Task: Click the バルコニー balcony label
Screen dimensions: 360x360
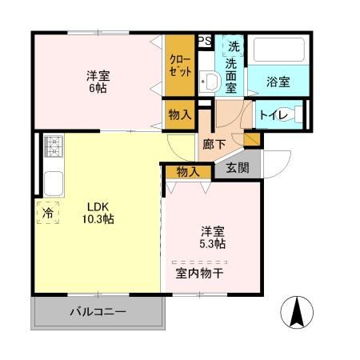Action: tap(97, 311)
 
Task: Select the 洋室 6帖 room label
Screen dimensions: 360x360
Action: tap(98, 82)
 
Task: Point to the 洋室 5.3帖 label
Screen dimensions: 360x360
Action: tap(212, 238)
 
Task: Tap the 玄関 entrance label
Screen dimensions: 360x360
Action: tap(237, 168)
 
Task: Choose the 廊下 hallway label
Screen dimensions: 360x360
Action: tap(214, 145)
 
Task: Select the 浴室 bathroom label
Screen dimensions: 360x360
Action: tap(278, 81)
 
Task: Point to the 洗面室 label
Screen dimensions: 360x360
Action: tap(234, 69)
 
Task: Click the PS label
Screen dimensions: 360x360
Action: tap(205, 42)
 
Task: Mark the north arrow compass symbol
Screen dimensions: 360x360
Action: tap(295, 311)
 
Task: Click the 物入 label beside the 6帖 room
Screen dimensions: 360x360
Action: tap(179, 114)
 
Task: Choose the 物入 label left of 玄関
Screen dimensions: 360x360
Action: tap(187, 171)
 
